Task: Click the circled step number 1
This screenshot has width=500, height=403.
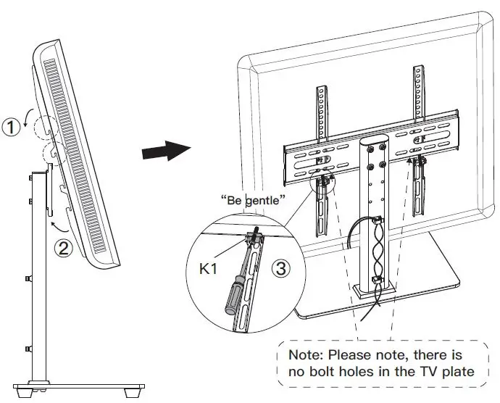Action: tap(10, 128)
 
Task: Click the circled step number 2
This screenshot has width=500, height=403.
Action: tap(64, 249)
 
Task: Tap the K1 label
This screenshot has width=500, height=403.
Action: tap(209, 270)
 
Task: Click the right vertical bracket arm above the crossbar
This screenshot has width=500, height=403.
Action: tap(417, 91)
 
